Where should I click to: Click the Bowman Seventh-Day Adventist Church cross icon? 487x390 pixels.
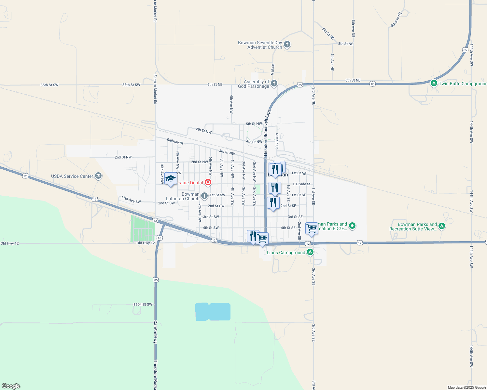287,45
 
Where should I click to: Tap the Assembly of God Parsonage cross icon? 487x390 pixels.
274,84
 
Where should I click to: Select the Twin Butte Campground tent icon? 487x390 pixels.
434,83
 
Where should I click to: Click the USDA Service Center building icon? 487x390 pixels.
98,176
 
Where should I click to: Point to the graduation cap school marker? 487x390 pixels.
171,179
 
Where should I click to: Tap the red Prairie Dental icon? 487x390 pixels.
208,183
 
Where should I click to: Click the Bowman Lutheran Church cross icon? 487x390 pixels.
204,196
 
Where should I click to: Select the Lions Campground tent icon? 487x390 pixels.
310,252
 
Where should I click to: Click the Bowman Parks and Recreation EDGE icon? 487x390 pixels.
352,226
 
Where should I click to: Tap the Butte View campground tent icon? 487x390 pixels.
441,226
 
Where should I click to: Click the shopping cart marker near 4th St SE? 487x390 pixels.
312,228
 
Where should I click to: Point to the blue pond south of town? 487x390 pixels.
213,312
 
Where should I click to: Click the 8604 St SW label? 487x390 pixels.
143,305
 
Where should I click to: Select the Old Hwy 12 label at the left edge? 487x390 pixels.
9,243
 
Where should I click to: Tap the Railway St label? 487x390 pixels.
175,141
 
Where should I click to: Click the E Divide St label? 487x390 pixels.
301,184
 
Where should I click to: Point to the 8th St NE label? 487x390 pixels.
345,44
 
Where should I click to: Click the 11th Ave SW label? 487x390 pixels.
131,200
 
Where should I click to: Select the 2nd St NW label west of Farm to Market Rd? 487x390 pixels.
123,157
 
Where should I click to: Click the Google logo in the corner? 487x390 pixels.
11,386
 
